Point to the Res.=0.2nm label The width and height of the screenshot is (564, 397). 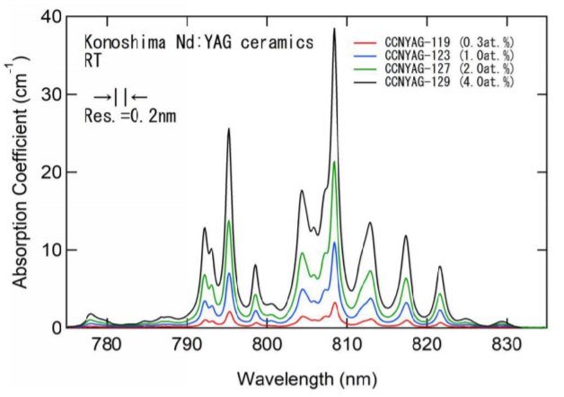127,114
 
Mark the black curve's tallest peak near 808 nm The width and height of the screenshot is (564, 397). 334,29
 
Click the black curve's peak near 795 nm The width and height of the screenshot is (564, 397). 229,129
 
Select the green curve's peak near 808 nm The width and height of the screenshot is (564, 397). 334,163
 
